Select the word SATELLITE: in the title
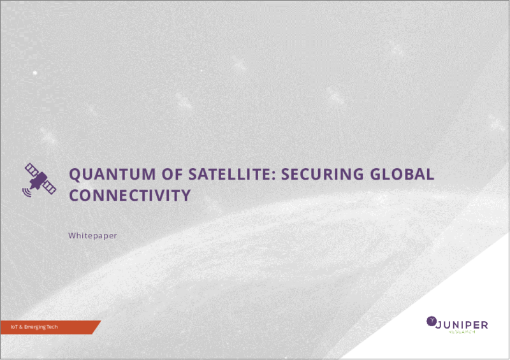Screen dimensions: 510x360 pyautogui.click(x=232, y=174)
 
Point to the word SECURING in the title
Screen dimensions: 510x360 pyautogui.click(x=322, y=174)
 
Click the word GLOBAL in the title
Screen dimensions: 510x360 pyautogui.click(x=402, y=174)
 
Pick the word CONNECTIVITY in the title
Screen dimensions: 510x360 pyautogui.click(x=130, y=195)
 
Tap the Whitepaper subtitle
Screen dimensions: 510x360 pyautogui.click(x=92, y=236)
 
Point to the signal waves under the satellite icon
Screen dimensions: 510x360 pyautogui.click(x=27, y=192)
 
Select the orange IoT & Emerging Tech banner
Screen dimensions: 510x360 pyautogui.click(x=50, y=327)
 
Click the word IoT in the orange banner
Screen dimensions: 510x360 pyautogui.click(x=14, y=327)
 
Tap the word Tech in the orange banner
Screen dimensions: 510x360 pyautogui.click(x=52, y=327)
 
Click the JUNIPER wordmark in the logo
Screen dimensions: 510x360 pyautogui.click(x=462, y=325)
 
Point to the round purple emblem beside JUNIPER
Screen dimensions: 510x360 pyautogui.click(x=432, y=321)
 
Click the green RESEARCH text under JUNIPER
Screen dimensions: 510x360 pyautogui.click(x=462, y=332)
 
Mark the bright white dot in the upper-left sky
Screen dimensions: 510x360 pyautogui.click(x=35, y=73)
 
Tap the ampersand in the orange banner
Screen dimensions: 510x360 pyautogui.click(x=21, y=327)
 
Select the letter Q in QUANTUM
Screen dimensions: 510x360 pyautogui.click(x=75, y=175)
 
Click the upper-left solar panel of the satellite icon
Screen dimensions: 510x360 pyautogui.click(x=32, y=169)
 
